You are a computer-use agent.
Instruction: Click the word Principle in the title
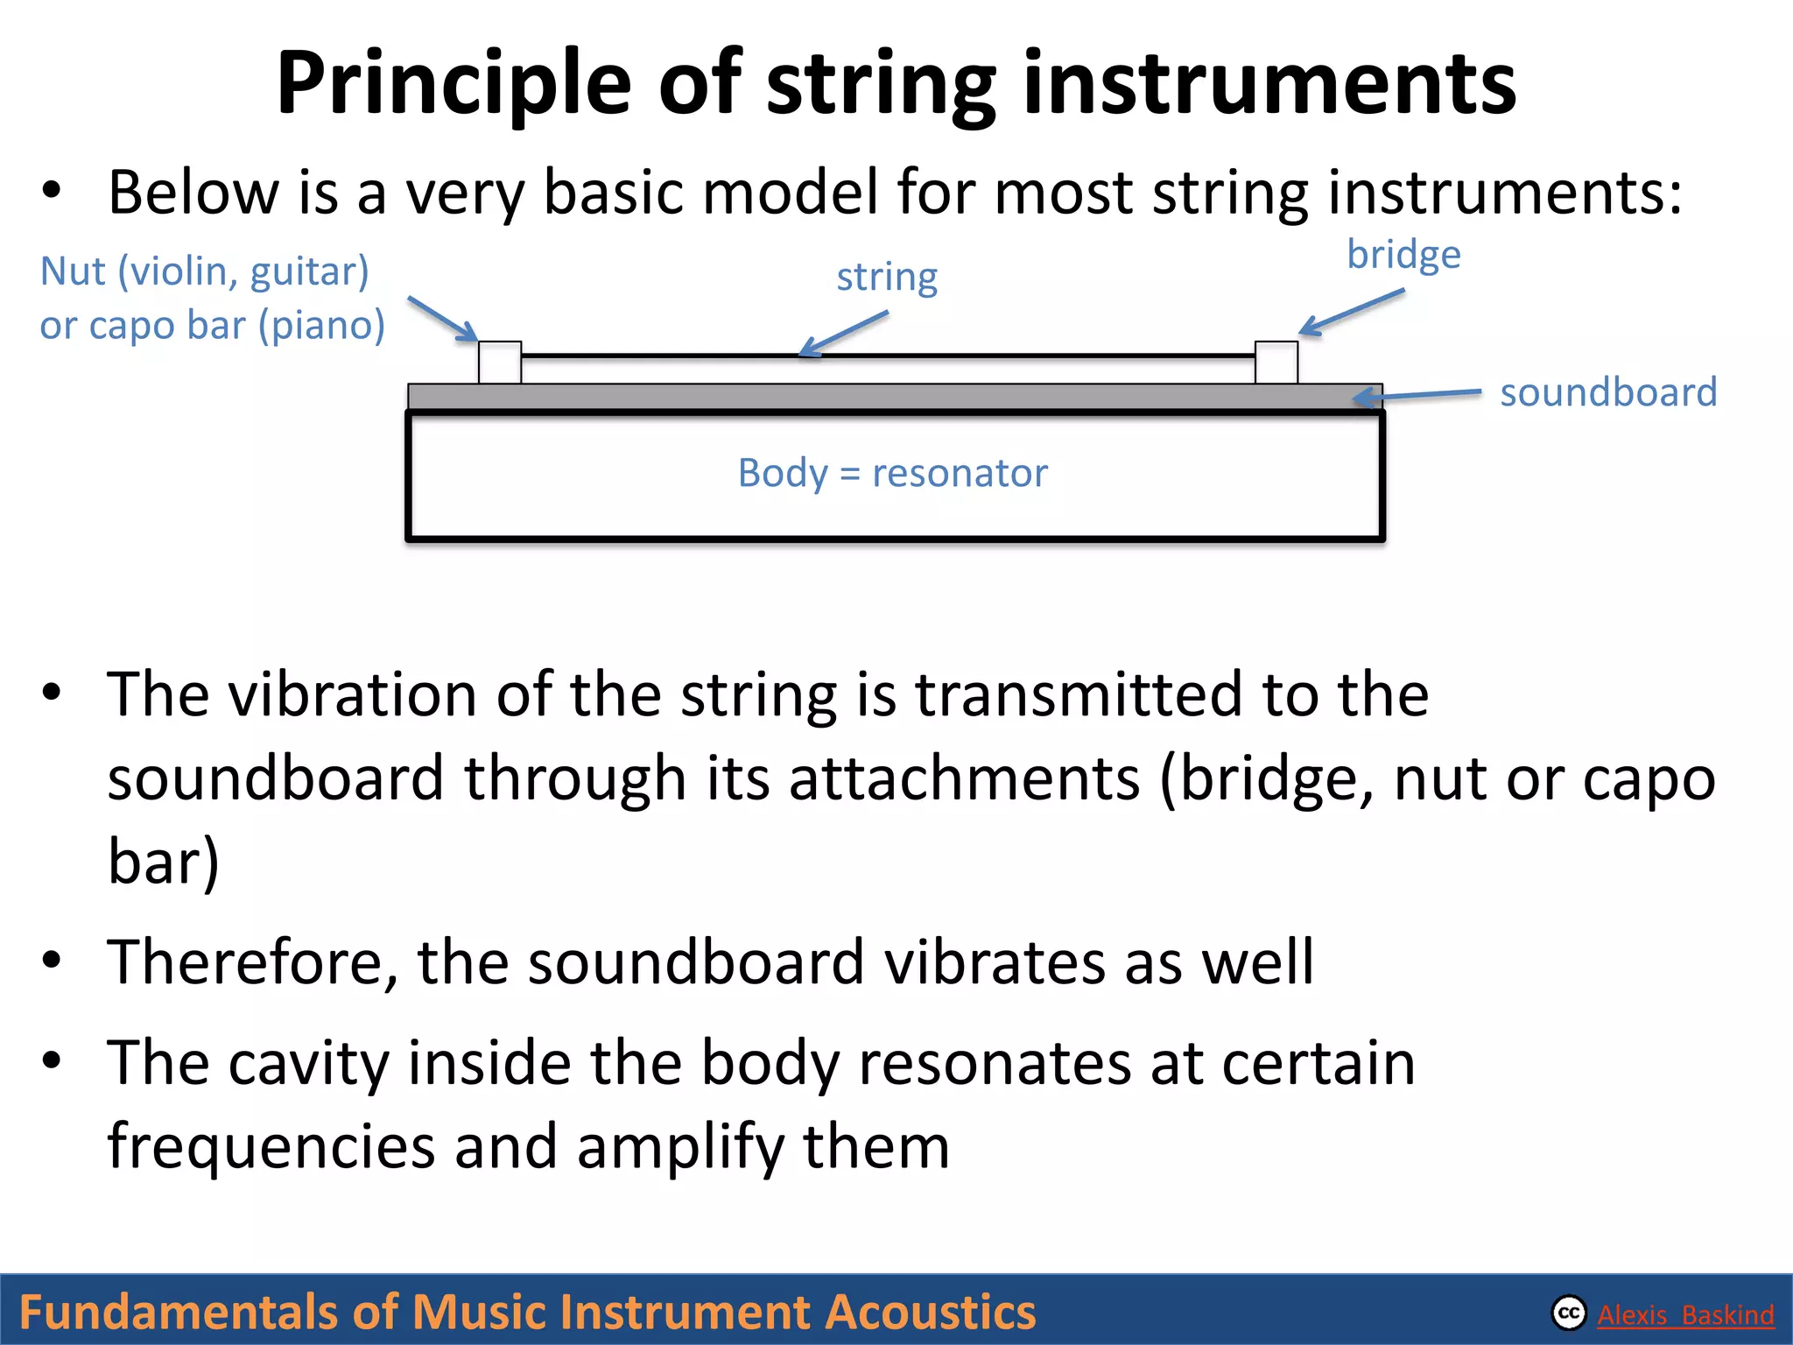click(x=454, y=84)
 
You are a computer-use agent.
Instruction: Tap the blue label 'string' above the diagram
click(x=887, y=278)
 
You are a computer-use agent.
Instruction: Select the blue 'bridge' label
click(x=1403, y=255)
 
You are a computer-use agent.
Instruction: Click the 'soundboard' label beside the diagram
click(x=1608, y=392)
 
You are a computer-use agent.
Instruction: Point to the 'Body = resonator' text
click(x=892, y=473)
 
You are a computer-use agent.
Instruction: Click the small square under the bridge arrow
click(x=1276, y=362)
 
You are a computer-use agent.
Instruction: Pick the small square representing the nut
click(x=500, y=362)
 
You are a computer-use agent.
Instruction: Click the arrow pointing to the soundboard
click(x=1418, y=396)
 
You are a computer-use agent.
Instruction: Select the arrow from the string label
click(x=844, y=334)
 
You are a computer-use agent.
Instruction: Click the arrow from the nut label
click(x=442, y=319)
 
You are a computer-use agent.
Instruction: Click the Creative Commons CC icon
click(x=1569, y=1313)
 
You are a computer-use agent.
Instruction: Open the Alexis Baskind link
click(x=1685, y=1314)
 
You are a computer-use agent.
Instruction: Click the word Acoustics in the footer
click(x=930, y=1312)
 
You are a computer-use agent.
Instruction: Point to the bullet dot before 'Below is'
click(x=52, y=191)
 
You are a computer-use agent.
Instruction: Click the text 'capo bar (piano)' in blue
click(x=236, y=325)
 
